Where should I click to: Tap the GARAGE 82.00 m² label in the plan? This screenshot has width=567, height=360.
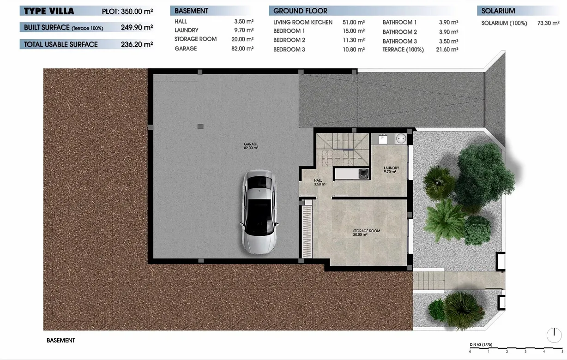coord(251,146)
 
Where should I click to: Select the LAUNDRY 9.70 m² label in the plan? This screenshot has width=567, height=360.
coord(391,169)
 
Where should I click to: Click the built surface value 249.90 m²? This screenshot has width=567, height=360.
coord(137,28)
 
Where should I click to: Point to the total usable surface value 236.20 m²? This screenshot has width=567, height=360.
coord(137,44)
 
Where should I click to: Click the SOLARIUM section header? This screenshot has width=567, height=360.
coord(498,11)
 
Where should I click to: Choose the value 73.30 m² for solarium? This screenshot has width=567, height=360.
coord(549,23)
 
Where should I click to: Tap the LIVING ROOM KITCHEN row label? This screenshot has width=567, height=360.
coord(302,22)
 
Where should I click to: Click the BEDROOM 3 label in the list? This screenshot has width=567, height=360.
coord(289,49)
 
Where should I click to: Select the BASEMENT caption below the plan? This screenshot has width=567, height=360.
coord(60,341)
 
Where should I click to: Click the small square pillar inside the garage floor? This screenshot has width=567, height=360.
coord(200,126)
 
